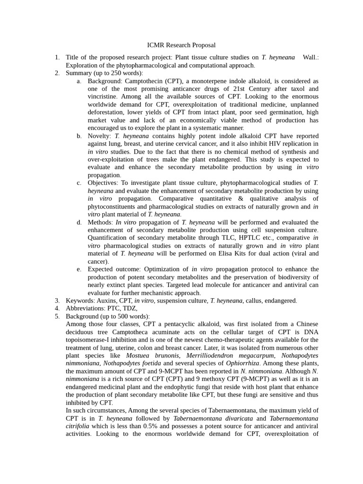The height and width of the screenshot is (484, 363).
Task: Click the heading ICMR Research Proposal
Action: (181, 45)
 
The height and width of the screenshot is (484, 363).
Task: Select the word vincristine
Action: (102, 96)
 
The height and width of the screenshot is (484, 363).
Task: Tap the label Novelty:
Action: (99, 136)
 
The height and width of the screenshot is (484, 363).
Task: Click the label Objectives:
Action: (103, 182)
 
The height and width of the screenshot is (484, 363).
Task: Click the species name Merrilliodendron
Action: (211, 355)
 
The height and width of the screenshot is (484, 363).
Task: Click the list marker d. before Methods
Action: (79, 222)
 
